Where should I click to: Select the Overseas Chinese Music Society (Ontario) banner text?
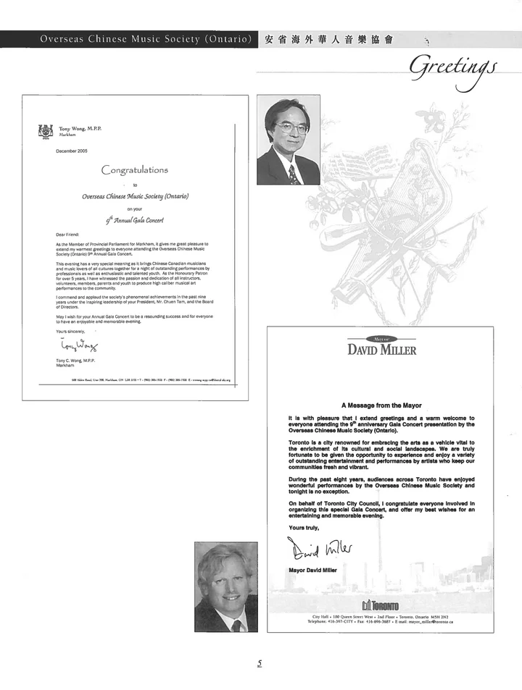coord(146,39)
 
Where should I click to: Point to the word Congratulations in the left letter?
coord(135,170)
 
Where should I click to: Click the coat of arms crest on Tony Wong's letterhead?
coord(46,131)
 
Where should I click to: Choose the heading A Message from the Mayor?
coord(381,405)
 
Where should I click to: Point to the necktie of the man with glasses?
coord(292,174)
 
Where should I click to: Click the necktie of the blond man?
coord(236,625)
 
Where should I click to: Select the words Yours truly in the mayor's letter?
coord(303,527)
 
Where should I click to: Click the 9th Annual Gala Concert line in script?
coord(135,220)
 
